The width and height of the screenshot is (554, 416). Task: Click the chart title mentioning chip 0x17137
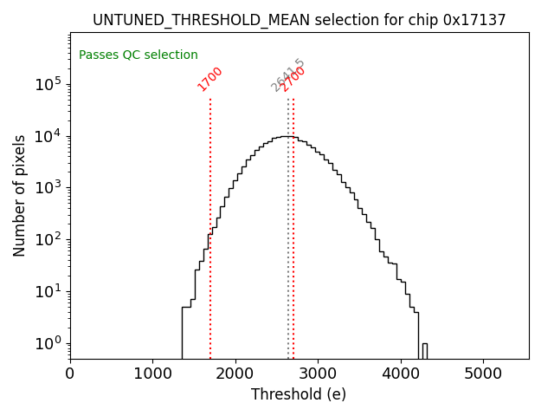click(299, 20)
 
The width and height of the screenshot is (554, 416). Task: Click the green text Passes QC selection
click(138, 55)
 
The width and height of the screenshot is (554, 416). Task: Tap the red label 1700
click(210, 79)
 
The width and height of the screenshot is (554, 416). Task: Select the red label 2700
click(294, 79)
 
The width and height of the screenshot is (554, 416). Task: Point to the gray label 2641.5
click(287, 75)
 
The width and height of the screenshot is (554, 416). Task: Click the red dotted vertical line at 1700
click(210, 217)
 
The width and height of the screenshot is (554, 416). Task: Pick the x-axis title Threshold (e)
click(299, 394)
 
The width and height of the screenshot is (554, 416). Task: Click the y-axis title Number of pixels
click(20, 195)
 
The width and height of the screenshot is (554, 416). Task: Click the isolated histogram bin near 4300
click(425, 350)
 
